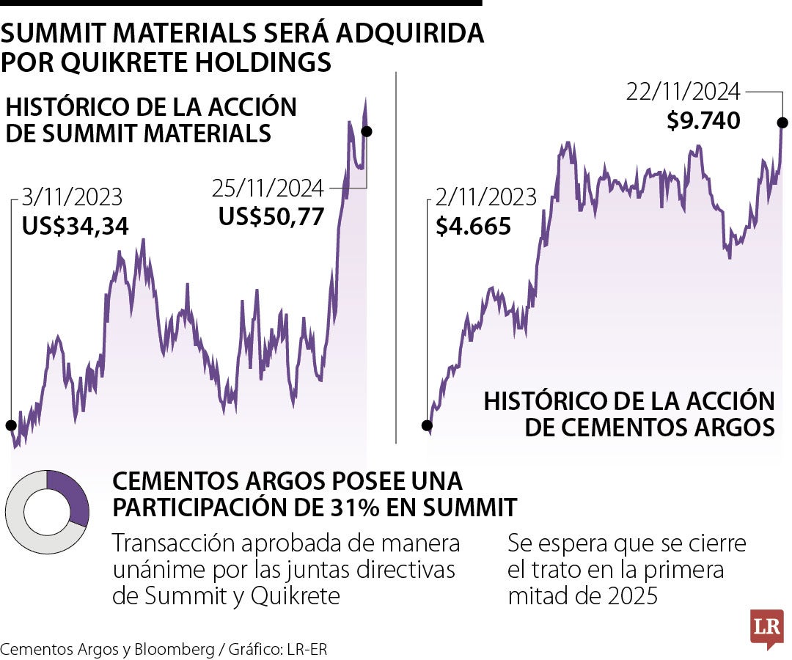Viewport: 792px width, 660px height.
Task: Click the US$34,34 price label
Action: (x=76, y=226)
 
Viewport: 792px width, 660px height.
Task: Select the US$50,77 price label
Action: (x=271, y=216)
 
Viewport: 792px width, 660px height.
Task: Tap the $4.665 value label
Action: (x=473, y=226)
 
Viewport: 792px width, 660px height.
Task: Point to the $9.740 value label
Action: (x=703, y=120)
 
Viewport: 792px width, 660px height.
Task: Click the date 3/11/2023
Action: (x=73, y=198)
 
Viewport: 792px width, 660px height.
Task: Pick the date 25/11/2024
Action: (x=268, y=188)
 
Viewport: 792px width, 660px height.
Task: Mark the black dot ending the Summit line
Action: (x=367, y=131)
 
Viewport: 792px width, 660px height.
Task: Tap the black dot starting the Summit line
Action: (x=10, y=425)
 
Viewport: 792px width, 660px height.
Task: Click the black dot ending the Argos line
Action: (x=782, y=122)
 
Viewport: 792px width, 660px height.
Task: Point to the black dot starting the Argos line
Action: (x=427, y=425)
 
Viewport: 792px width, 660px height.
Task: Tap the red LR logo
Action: (x=766, y=628)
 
